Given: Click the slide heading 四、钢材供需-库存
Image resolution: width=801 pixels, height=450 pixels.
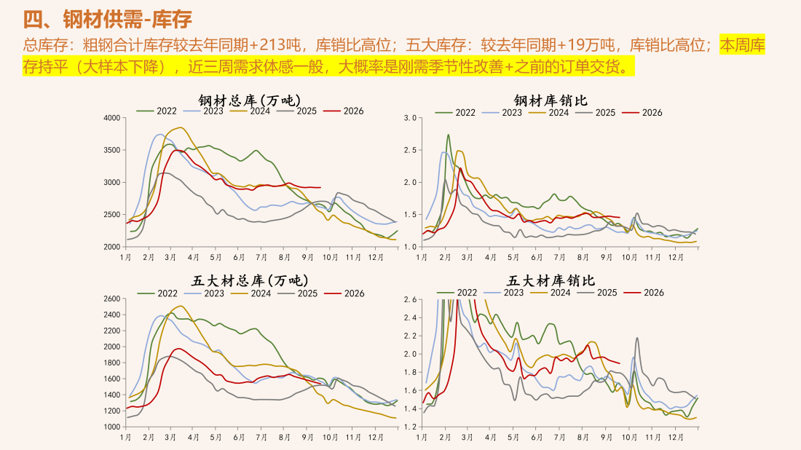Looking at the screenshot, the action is pos(107,20).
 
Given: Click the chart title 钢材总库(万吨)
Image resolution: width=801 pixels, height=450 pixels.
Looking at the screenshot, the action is pos(250,100).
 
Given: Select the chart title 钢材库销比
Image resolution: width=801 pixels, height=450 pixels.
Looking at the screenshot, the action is pos(551,100).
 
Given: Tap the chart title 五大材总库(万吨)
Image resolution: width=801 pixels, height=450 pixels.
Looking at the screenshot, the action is pos(250,280).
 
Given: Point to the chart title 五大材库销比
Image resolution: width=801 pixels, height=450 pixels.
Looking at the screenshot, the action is pos(551,280).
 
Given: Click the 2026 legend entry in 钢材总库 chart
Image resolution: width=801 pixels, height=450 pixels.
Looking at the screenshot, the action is pos(344,111).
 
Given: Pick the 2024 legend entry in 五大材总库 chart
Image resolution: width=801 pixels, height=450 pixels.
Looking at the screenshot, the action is pos(250,293).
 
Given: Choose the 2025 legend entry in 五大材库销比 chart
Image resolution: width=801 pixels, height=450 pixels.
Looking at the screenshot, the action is pos(597,293).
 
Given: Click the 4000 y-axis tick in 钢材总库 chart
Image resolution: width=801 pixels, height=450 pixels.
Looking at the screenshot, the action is pos(112,118).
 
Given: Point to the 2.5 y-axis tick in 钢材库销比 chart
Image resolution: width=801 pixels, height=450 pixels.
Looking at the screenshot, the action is pos(410,150).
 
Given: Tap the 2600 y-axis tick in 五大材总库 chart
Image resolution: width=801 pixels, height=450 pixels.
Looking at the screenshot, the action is pos(112,299).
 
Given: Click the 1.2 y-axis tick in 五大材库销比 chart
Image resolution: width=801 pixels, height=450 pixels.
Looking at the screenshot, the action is pos(410,427).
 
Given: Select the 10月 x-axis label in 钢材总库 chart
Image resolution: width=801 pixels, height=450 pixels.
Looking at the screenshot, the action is pos(330,258).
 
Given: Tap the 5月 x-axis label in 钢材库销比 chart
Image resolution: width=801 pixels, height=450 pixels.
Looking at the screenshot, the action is pos(513,258).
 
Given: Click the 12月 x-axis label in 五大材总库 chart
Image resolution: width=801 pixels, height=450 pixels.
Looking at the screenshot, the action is pos(376,438).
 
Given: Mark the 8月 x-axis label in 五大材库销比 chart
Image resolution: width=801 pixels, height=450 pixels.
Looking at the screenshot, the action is pos(583,438).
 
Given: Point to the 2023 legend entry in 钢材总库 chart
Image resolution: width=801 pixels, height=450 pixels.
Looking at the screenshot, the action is pos(203,111).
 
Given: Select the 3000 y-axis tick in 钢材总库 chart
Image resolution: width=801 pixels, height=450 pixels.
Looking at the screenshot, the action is pos(112,182).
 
